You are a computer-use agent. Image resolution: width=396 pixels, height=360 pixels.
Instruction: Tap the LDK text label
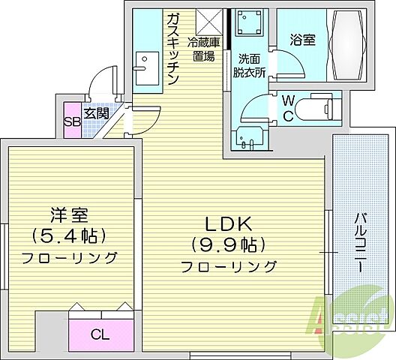point(229,223)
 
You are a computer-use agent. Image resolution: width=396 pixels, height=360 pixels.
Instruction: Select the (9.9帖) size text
point(229,244)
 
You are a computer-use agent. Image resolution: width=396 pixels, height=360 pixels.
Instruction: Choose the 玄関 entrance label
point(95,114)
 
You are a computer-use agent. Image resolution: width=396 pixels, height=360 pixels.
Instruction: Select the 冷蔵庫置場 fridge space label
point(202,49)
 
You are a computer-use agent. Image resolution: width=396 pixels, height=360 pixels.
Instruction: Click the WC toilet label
point(288,106)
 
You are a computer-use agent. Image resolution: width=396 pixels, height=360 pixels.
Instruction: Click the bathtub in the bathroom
point(346,48)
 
